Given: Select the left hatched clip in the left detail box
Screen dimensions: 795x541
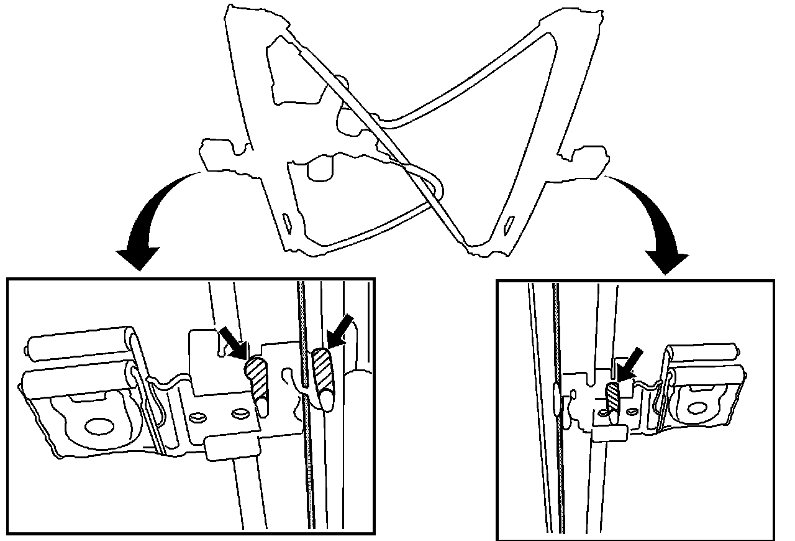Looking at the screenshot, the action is click(256, 376).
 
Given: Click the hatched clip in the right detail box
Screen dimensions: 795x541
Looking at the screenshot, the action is click(614, 398).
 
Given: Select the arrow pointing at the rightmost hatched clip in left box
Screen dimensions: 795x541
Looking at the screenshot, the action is click(342, 330).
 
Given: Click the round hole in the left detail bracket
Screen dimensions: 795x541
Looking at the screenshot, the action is click(97, 427).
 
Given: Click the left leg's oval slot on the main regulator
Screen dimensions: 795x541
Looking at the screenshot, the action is click(287, 221).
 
